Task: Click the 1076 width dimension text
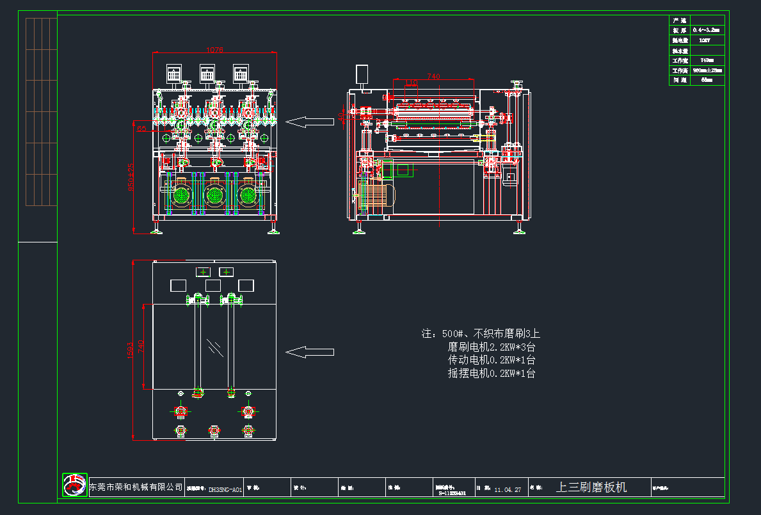[214, 50]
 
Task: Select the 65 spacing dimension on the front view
[141, 129]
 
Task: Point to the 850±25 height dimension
[131, 177]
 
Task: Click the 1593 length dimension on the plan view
[131, 349]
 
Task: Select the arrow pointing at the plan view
[309, 352]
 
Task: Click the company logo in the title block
[74, 485]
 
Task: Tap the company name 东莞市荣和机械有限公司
[136, 488]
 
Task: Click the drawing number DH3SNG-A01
[225, 490]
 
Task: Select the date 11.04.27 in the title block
[508, 490]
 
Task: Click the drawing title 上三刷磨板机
[591, 487]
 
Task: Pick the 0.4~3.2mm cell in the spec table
[707, 30]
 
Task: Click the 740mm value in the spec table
[707, 60]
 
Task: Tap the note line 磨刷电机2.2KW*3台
[492, 347]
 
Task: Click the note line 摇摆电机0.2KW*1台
[492, 373]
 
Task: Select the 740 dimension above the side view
[433, 76]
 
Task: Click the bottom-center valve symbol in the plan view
[214, 432]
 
